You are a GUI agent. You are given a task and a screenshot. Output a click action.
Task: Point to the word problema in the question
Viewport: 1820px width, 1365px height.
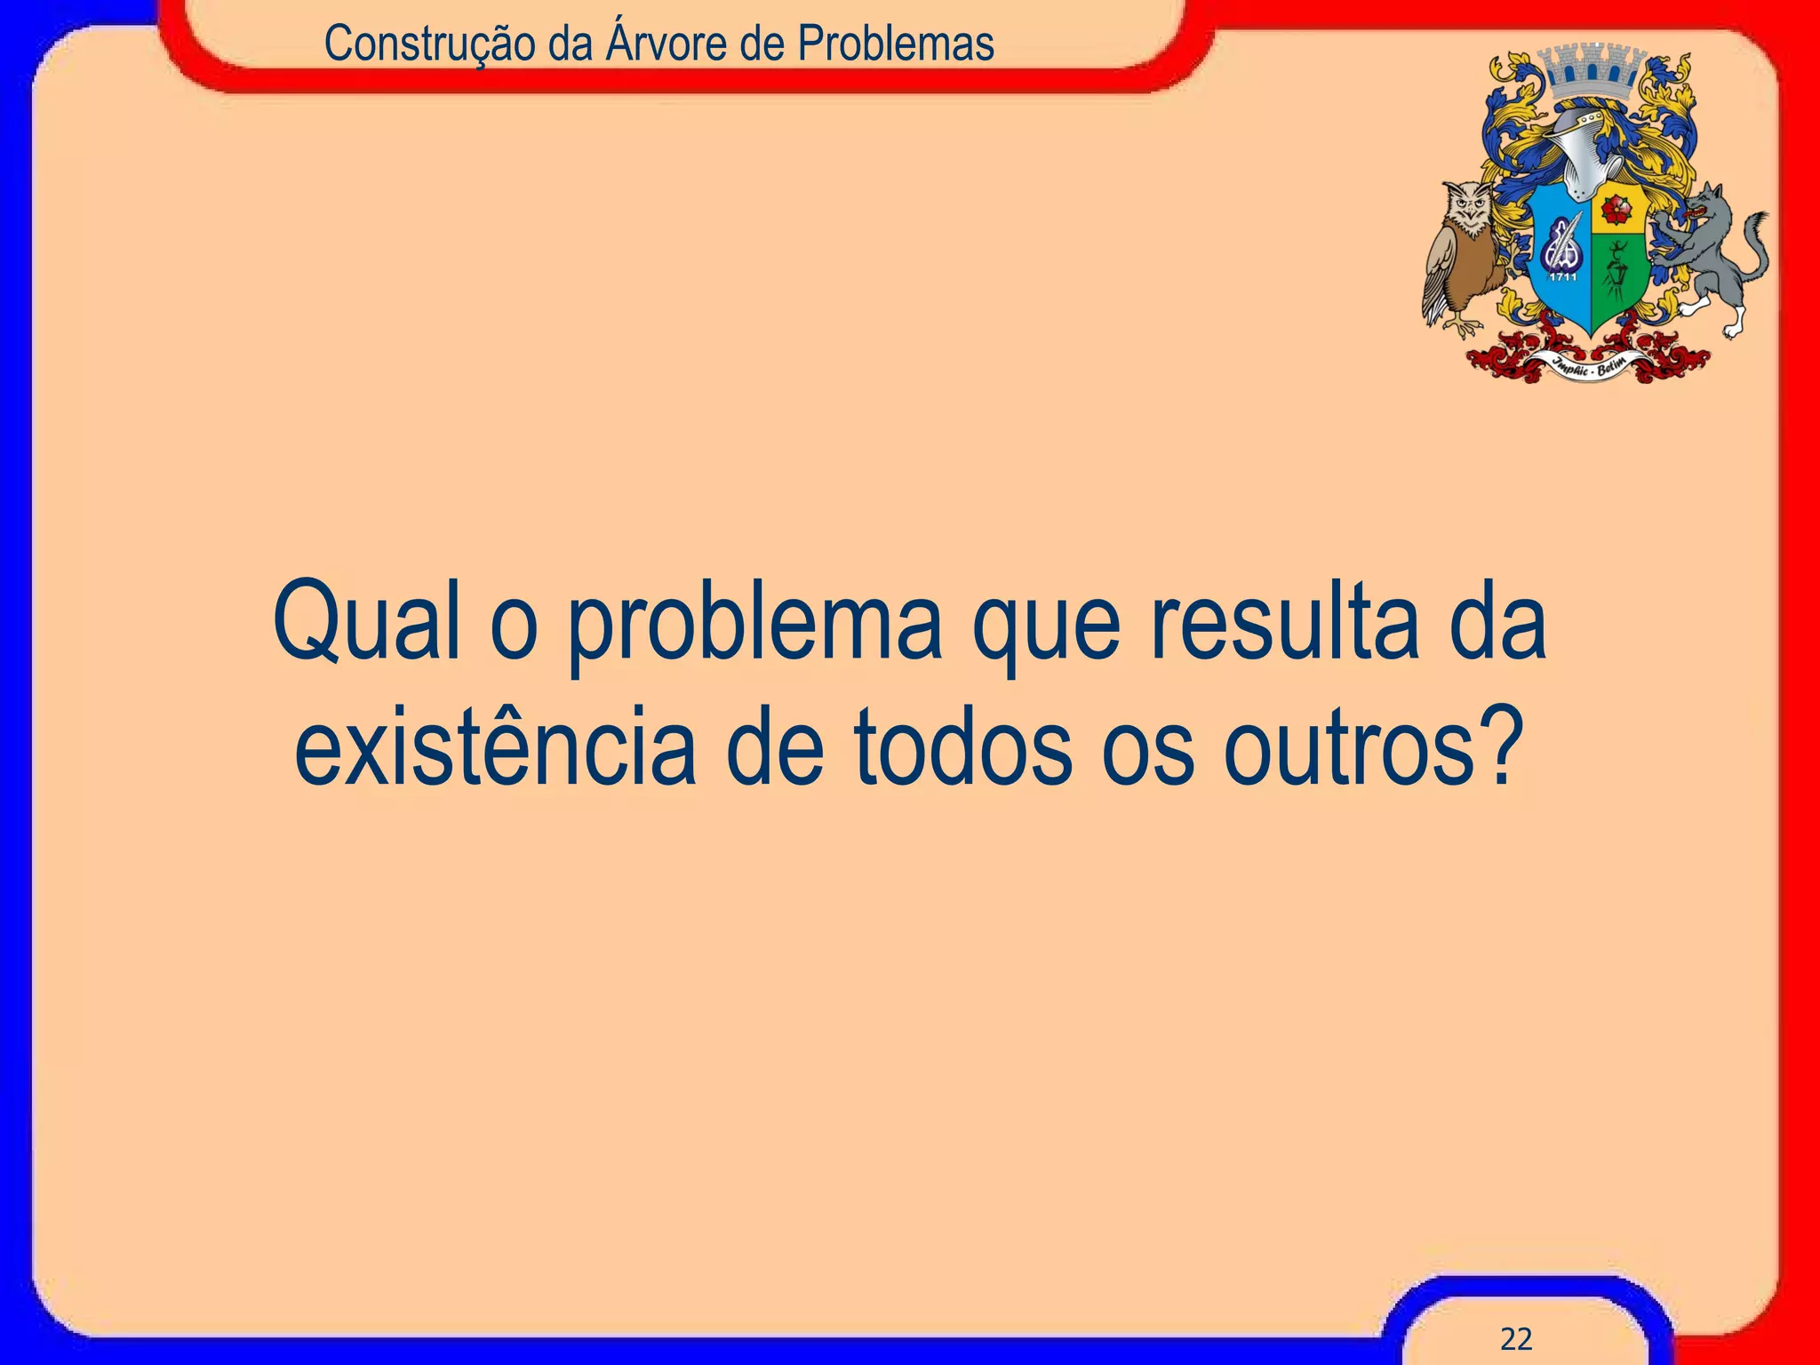754,626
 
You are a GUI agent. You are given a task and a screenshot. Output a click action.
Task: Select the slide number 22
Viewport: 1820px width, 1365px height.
1516,1338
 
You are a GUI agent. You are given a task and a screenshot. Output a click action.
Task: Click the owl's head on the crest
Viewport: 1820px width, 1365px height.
1468,208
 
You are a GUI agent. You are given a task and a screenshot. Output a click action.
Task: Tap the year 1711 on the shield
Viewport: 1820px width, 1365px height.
1563,276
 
